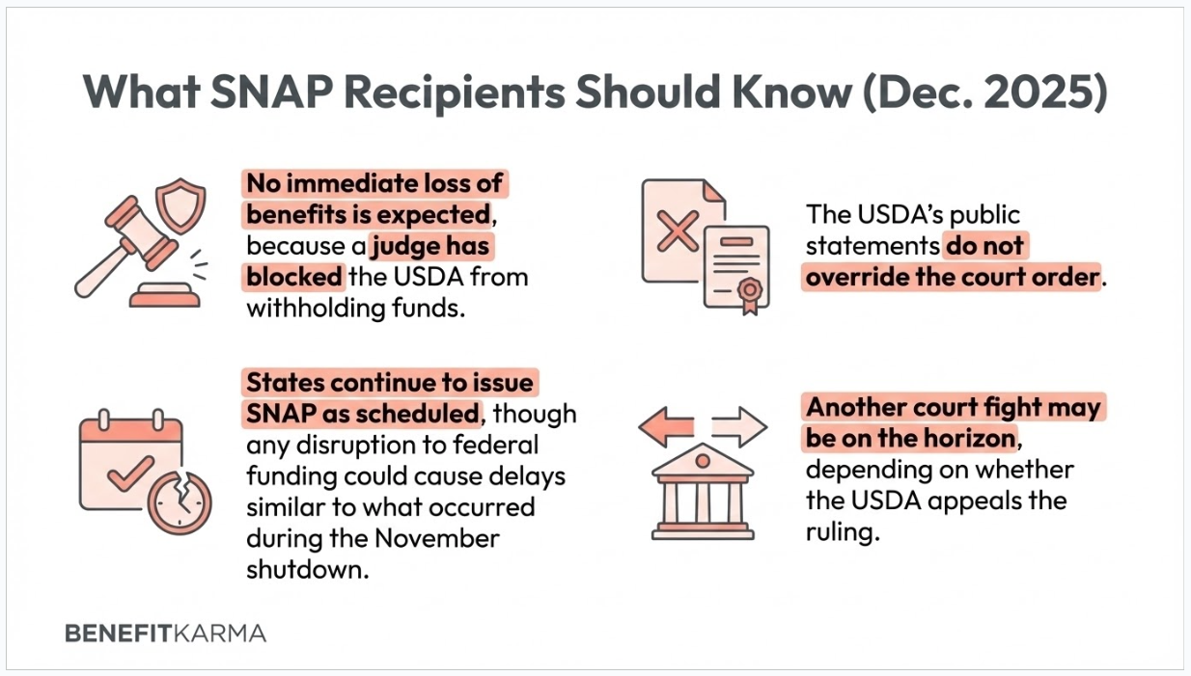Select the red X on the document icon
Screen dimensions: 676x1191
[679, 232]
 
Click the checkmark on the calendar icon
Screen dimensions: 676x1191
[129, 470]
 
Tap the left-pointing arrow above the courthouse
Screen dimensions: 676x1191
[667, 425]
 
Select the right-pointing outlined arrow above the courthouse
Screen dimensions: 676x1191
[738, 425]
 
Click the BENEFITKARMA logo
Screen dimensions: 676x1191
[165, 634]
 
